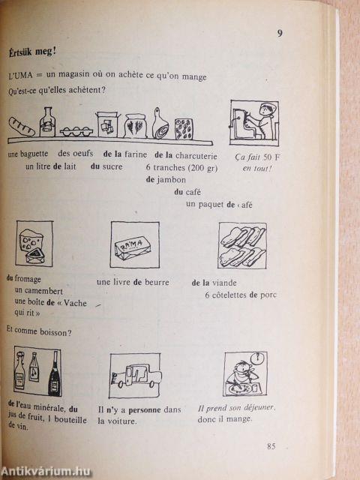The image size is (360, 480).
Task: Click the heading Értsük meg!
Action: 32,52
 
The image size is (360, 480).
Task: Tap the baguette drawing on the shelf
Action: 22,127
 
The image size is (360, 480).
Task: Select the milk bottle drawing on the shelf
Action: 47,121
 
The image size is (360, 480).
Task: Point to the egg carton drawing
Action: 76,131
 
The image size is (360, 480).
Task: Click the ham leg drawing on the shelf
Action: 160,123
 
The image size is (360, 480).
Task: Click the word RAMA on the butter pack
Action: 132,245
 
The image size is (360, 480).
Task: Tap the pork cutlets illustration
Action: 242,246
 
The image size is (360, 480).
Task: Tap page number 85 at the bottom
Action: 271,446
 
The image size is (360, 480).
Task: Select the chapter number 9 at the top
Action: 280,33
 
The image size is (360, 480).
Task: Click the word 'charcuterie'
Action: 196,156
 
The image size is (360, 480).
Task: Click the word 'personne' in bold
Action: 145,410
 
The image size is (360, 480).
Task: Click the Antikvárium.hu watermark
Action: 46,472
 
